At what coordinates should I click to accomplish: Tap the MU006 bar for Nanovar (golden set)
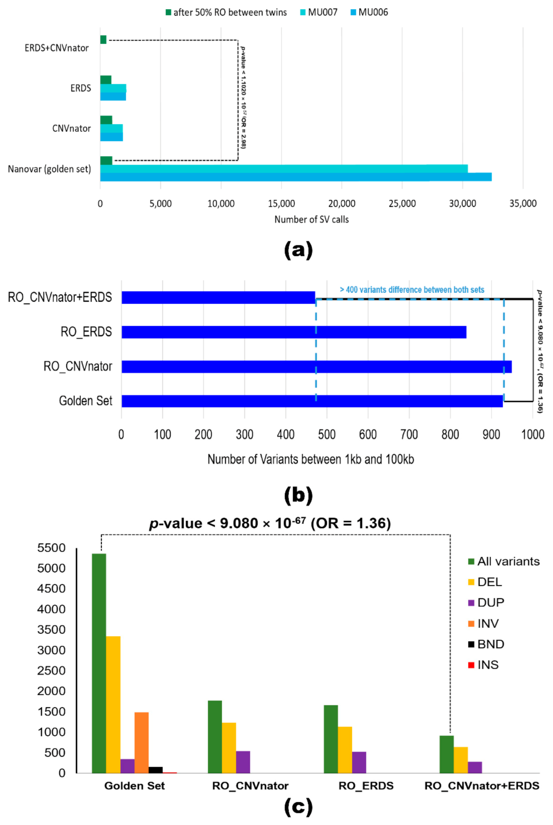point(295,177)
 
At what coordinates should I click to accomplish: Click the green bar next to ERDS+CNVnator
point(103,40)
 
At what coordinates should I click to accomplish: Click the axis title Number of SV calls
point(311,219)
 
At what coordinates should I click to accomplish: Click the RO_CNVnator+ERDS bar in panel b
point(218,297)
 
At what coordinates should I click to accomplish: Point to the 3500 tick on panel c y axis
point(51,630)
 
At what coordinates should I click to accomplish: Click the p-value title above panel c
point(270,523)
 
